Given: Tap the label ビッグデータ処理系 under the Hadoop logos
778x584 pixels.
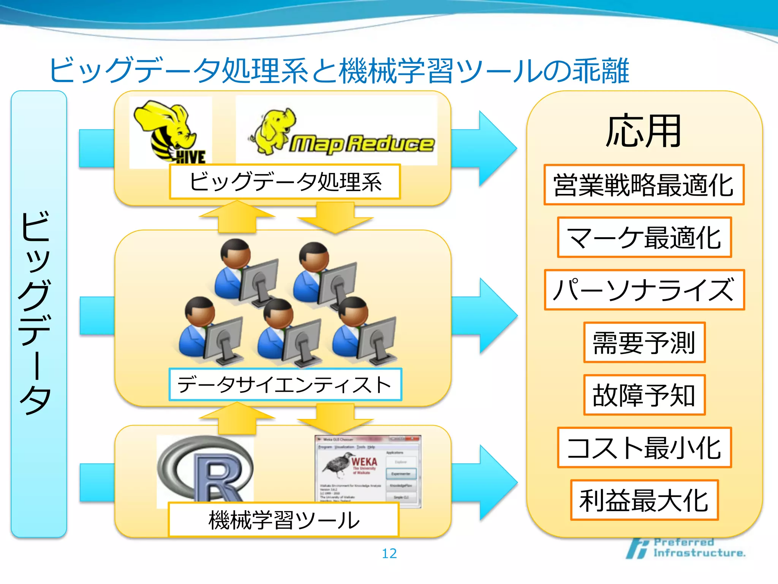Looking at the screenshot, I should click(x=285, y=182).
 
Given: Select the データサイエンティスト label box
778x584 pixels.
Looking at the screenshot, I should click(x=285, y=384).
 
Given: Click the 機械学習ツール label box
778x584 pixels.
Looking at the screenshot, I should click(x=283, y=520).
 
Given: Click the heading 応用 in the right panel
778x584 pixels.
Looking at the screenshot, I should click(x=644, y=132).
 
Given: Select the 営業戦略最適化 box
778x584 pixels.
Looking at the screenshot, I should click(x=644, y=185).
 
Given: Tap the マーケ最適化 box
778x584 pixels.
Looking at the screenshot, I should click(x=644, y=238).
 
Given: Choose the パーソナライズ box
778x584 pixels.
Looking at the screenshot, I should click(x=644, y=290).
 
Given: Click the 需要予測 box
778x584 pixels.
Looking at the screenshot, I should click(x=644, y=342).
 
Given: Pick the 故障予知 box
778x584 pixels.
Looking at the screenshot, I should click(x=644, y=395).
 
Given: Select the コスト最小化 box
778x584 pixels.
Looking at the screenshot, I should click(x=644, y=448).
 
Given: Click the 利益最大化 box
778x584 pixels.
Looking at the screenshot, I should click(x=644, y=500).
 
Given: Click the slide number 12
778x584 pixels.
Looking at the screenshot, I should click(x=389, y=554).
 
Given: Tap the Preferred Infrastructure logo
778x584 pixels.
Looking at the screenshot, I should click(x=686, y=548).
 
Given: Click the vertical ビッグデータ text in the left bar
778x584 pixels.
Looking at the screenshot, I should click(x=36, y=312).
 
